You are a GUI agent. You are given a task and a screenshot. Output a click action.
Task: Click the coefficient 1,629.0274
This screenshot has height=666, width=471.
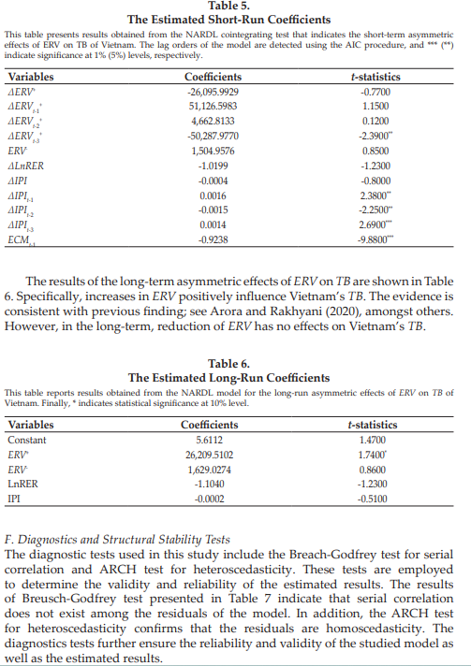coord(209,468)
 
